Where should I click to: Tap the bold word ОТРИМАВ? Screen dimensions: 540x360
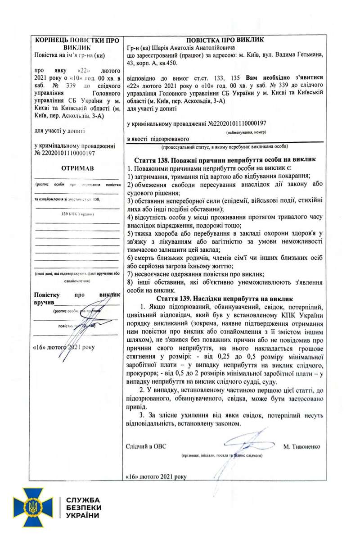[77, 168]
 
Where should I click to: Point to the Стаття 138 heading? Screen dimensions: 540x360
[225, 160]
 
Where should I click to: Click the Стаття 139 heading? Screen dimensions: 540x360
[225, 298]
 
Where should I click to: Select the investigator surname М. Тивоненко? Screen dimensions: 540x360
[302, 447]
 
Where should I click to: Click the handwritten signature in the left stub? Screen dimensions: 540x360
[85, 320]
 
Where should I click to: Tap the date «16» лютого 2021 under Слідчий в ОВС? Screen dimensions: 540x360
[156, 476]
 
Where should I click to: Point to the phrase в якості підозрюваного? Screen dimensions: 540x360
[157, 139]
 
